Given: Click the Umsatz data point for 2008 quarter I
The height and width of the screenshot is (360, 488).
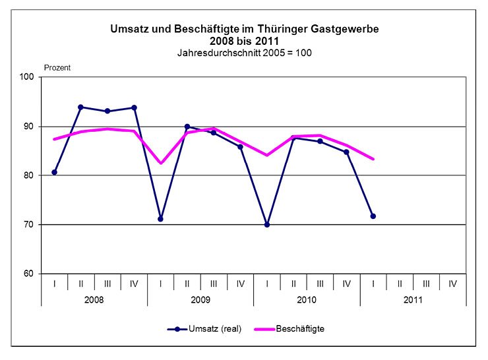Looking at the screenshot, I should coord(54,172).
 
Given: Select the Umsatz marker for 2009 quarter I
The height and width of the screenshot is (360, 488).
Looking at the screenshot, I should coord(160,219).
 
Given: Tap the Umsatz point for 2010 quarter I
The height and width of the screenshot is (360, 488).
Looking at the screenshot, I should coord(267,224).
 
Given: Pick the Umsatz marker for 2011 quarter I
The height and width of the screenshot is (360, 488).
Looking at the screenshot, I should coord(373,216).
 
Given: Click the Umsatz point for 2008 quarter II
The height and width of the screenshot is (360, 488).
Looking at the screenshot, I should coord(80,107).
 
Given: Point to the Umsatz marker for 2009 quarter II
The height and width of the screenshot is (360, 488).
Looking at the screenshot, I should coord(187,127).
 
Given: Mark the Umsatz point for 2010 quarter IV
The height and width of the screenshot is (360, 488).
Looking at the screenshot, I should coord(346,152).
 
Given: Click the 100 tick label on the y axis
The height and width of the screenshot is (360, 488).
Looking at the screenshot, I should coord(27,77).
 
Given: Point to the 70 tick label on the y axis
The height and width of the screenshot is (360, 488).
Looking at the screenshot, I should coord(30,225).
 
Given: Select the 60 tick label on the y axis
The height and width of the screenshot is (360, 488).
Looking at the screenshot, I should coord(30,274).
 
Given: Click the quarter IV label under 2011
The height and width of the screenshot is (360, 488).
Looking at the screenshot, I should coord(452,284).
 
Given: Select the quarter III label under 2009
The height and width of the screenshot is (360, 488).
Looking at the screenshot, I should coord(214,284).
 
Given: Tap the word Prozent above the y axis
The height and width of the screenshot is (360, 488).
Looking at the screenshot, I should coord(57,67).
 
